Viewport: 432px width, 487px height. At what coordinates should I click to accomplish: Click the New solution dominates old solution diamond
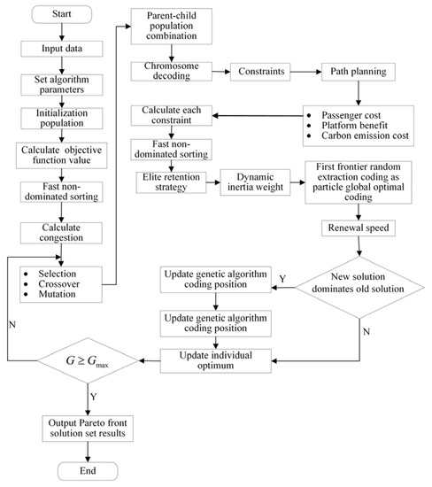coord(356,287)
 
